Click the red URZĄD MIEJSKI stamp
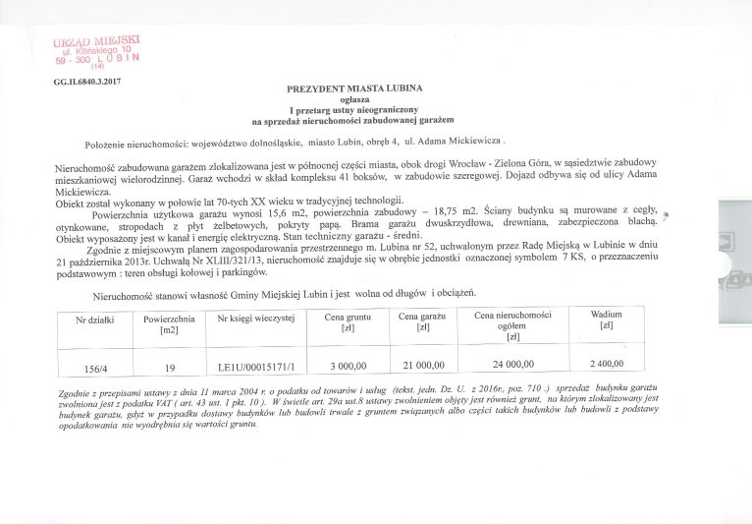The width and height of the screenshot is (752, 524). pyautogui.click(x=97, y=48)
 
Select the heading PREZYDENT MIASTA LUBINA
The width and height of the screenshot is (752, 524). pyautogui.click(x=354, y=88)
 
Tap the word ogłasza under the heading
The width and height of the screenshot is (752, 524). pyautogui.click(x=354, y=99)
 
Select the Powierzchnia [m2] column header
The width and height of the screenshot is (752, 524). pyautogui.click(x=169, y=324)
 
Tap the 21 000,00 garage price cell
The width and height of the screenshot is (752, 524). pyautogui.click(x=423, y=367)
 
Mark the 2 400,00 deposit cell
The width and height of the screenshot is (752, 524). pyautogui.click(x=607, y=366)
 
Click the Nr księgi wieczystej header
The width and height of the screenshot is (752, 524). pyautogui.click(x=255, y=320)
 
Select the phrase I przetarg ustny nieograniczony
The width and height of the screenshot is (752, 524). pyautogui.click(x=354, y=110)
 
